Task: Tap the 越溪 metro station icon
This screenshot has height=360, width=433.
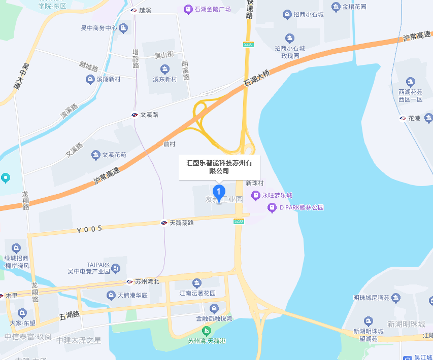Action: tap(133, 10)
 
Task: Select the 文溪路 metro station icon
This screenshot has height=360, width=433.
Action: tap(135, 115)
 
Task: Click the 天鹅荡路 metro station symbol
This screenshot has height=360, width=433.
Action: tap(164, 223)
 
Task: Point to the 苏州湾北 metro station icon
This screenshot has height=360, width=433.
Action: tap(129, 281)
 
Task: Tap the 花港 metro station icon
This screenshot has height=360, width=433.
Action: tap(402, 118)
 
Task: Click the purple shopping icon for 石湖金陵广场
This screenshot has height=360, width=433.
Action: tap(188, 9)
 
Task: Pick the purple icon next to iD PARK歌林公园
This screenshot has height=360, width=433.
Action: tap(273, 207)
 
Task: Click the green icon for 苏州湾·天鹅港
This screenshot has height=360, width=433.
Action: tap(206, 330)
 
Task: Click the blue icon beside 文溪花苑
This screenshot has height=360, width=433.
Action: tap(95, 155)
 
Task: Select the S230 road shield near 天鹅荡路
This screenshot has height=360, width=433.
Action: tap(239, 221)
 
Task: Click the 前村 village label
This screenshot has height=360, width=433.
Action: tap(169, 144)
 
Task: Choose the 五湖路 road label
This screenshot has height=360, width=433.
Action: tap(70, 315)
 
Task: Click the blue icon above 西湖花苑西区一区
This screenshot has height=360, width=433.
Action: tap(410, 82)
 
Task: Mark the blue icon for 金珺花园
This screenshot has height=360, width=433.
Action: tap(336, 7)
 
